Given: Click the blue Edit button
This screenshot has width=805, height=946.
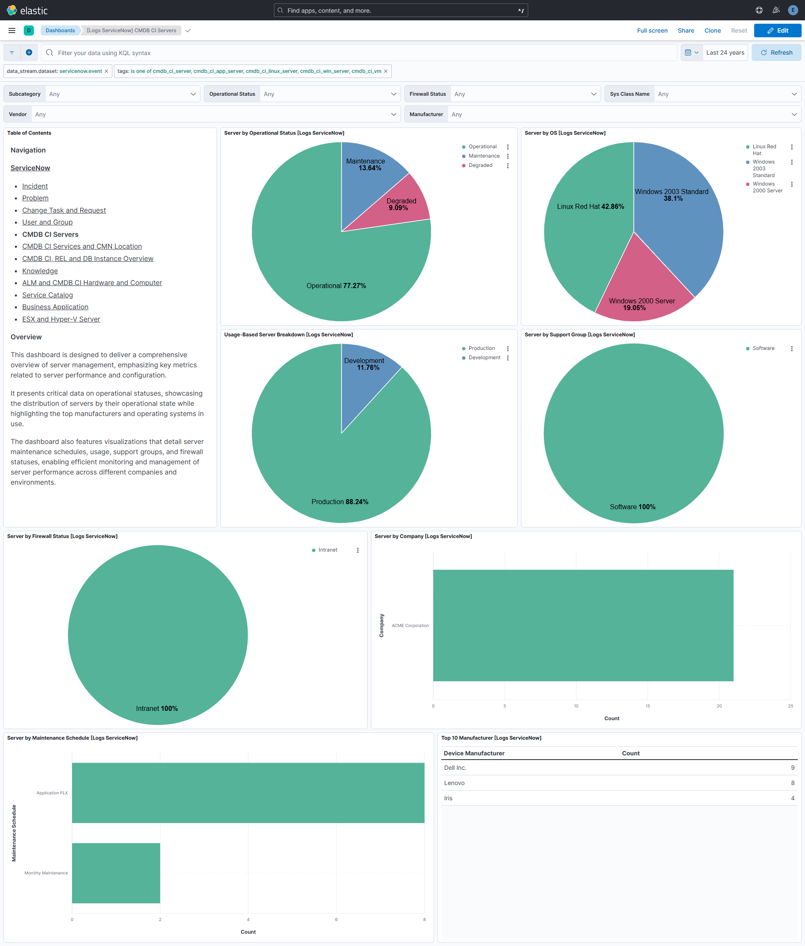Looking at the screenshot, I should pos(777,31).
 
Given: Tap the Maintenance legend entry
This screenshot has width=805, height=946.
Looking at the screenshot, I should pos(484,156).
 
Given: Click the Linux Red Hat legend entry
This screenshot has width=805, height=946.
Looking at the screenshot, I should pos(764,150).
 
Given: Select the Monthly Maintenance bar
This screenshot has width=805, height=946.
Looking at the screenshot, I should pos(116,873).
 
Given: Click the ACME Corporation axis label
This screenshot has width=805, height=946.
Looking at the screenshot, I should pos(410,625).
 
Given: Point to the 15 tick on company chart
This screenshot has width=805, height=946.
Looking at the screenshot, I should pos(647,706).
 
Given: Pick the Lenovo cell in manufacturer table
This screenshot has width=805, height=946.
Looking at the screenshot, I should pos(454,783).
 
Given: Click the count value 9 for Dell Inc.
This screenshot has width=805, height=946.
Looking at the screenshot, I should pos(792,768).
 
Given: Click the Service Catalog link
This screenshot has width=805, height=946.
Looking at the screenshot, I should pos(47,295).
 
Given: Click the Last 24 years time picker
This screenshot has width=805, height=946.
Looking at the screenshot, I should pos(725,53).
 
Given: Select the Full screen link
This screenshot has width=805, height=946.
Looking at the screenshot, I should pos(652,31).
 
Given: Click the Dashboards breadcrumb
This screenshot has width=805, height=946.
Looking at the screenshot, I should pos(60,31).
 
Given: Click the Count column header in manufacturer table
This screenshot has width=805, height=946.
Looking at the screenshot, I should pos(630,753).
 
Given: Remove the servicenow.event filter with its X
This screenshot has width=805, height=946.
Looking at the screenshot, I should pos(106,71).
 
